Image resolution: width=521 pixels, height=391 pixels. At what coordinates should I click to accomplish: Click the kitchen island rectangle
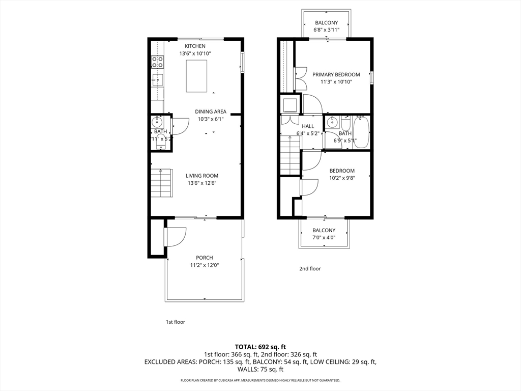click(197, 76)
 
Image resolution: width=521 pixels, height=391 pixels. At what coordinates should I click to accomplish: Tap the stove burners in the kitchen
click(158, 62)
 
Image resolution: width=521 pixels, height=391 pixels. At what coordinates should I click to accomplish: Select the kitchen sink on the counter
click(158, 79)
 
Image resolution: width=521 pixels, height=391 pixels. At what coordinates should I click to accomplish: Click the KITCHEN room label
click(195, 46)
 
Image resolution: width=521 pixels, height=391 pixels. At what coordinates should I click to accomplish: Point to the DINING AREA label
click(210, 112)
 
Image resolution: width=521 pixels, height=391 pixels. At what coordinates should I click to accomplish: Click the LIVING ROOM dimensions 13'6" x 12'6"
click(202, 183)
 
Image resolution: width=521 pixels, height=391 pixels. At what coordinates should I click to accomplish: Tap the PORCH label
click(205, 258)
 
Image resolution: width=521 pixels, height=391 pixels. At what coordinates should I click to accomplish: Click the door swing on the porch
click(176, 236)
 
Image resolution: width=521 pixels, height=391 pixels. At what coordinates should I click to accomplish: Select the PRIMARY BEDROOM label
click(336, 74)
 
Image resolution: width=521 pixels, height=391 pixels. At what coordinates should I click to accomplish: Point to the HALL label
click(308, 126)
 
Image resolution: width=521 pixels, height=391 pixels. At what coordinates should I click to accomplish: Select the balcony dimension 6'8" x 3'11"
click(326, 30)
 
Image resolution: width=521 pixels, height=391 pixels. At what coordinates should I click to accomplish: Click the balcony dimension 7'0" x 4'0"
click(324, 238)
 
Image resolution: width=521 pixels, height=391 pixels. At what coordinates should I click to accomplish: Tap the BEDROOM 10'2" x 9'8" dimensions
click(342, 178)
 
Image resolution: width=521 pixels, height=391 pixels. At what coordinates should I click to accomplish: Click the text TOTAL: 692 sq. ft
click(260, 346)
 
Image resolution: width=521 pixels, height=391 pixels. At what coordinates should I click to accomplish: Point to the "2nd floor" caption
click(309, 269)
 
